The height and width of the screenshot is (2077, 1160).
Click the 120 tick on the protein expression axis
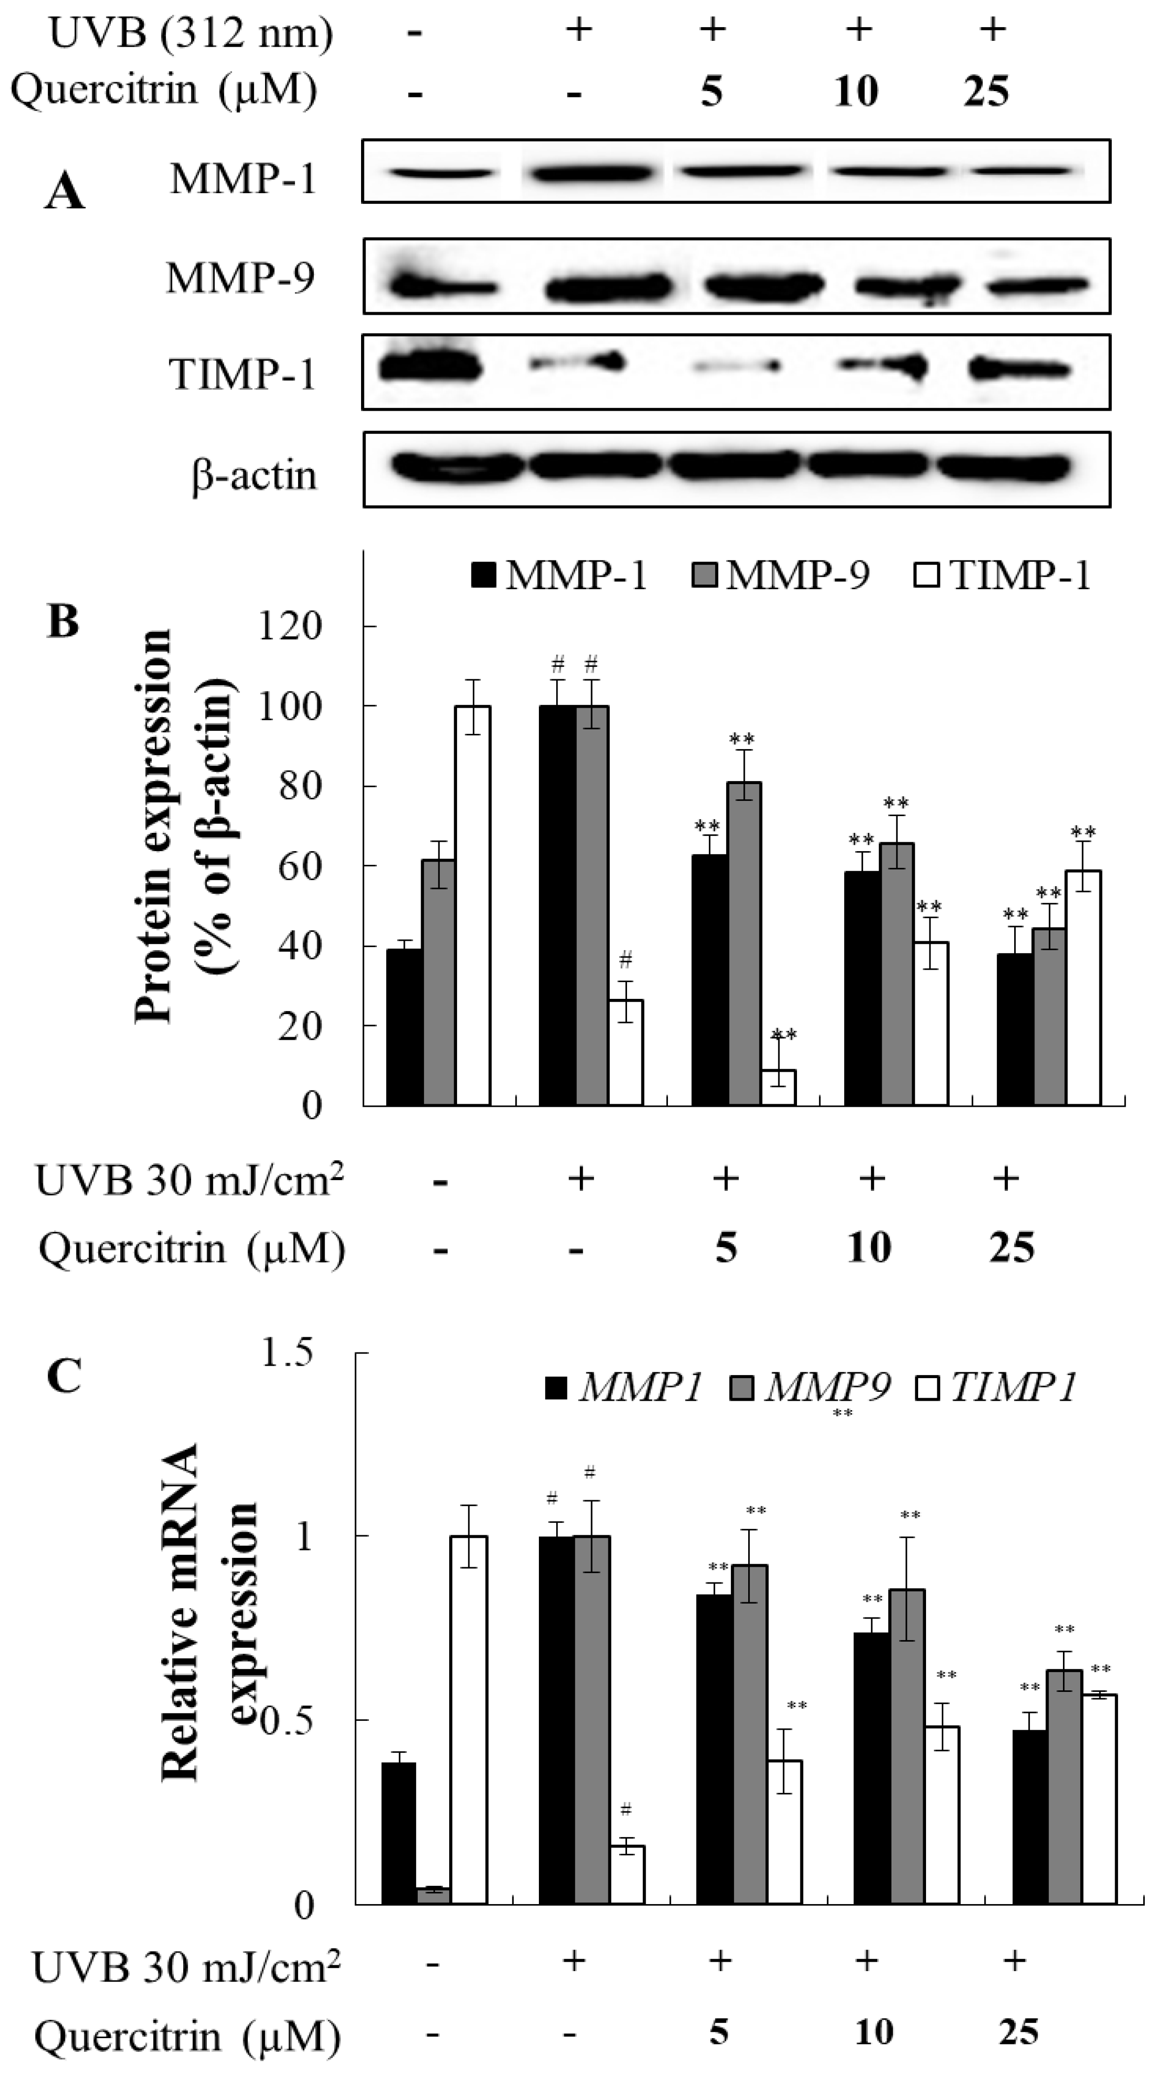click(290, 626)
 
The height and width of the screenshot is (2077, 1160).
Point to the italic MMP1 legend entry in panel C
click(624, 1387)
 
